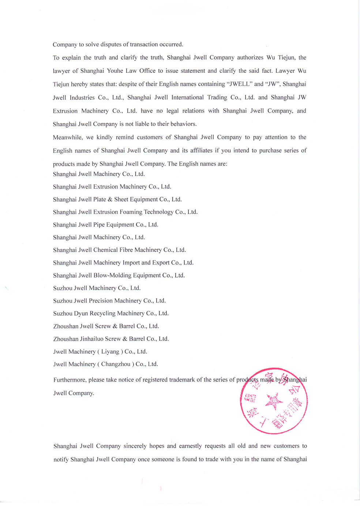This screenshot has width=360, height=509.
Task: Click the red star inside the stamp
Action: [x=273, y=401]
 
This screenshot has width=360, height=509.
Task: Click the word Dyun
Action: [x=81, y=313]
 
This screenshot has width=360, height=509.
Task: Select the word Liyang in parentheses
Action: [x=110, y=352]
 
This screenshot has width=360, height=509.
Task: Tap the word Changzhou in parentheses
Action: [x=116, y=364]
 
